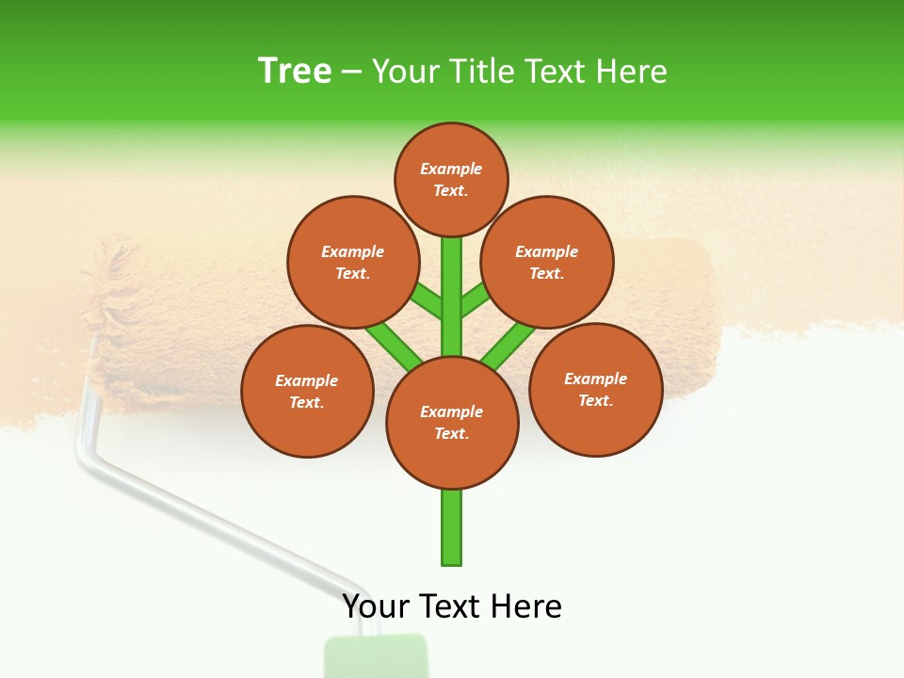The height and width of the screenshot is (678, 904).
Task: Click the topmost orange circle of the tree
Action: pyautogui.click(x=451, y=179)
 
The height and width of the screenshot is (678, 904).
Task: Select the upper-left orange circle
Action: pyautogui.click(x=353, y=262)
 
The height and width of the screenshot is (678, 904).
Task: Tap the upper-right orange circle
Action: pyautogui.click(x=547, y=262)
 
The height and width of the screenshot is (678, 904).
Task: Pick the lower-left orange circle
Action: pyautogui.click(x=307, y=391)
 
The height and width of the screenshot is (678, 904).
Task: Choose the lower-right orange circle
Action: pyautogui.click(x=596, y=389)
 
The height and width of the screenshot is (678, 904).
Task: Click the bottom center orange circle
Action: pyautogui.click(x=452, y=423)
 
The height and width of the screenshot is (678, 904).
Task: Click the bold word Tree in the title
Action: pyautogui.click(x=295, y=71)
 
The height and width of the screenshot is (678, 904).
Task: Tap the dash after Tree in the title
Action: pyautogui.click(x=351, y=72)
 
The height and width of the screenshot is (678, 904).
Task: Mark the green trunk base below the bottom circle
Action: pyautogui.click(x=452, y=527)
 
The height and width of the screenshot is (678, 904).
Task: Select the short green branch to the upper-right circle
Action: pyautogui.click(x=475, y=300)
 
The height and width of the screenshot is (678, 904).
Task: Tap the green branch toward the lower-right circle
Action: pyautogui.click(x=508, y=346)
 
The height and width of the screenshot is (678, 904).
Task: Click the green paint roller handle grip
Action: pyautogui.click(x=376, y=656)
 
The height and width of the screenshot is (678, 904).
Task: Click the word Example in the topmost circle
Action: pyautogui.click(x=451, y=169)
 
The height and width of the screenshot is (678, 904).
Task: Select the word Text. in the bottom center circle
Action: pyautogui.click(x=452, y=433)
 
